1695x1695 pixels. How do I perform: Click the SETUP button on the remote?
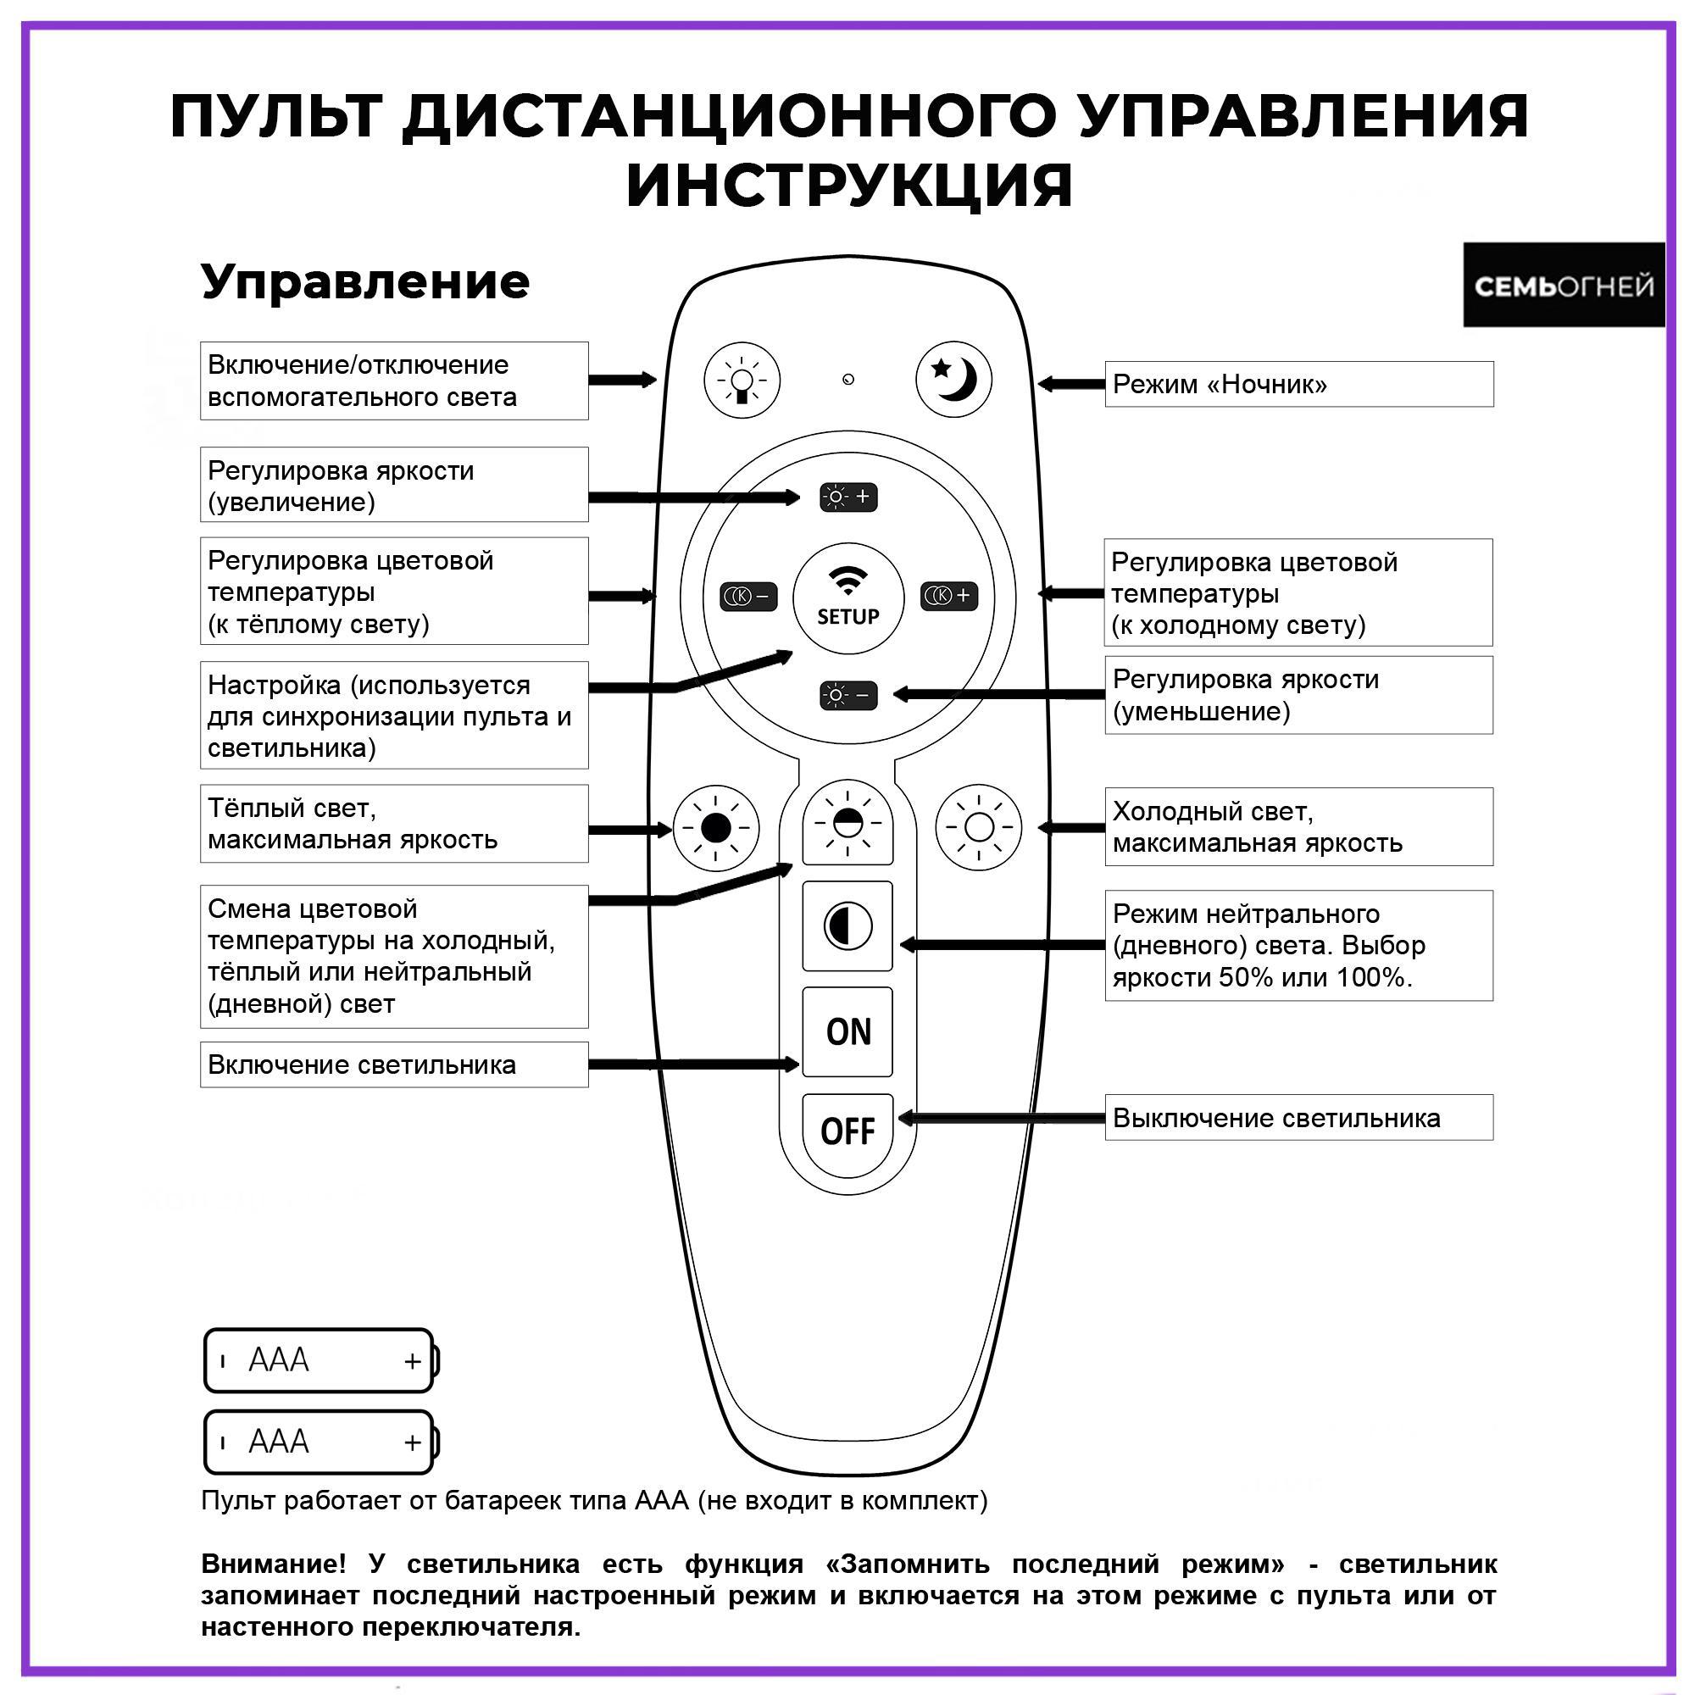pyautogui.click(x=847, y=598)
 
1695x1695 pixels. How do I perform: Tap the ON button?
pyautogui.click(x=847, y=1031)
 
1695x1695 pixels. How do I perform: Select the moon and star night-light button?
pyautogui.click(x=953, y=380)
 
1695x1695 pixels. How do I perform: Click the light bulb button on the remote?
pyautogui.click(x=742, y=380)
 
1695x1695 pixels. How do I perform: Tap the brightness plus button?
pyautogui.click(x=847, y=497)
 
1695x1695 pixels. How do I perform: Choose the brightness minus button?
pyautogui.click(x=847, y=696)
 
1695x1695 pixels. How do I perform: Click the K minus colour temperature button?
pyautogui.click(x=748, y=597)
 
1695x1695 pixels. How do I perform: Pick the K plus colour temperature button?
pyautogui.click(x=949, y=596)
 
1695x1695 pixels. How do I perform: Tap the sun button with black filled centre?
pyautogui.click(x=716, y=827)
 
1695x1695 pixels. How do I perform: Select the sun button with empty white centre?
pyautogui.click(x=979, y=827)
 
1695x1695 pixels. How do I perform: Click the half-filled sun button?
pyautogui.click(x=847, y=824)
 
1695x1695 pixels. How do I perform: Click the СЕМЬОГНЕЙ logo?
pyautogui.click(x=1564, y=285)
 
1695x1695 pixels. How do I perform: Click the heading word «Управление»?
pyautogui.click(x=365, y=281)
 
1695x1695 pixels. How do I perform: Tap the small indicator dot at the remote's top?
pyautogui.click(x=848, y=380)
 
